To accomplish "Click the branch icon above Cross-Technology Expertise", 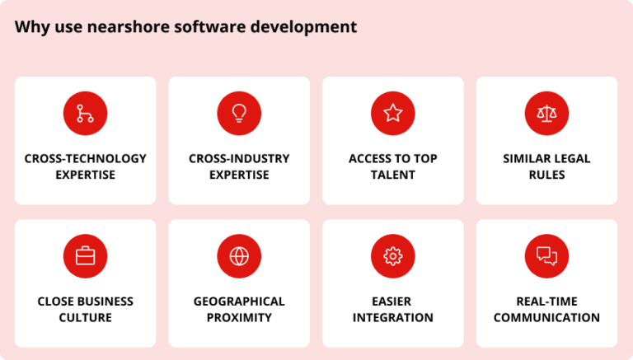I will click(85, 114).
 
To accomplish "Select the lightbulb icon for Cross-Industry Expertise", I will click(239, 114).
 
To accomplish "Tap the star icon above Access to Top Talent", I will click(393, 114).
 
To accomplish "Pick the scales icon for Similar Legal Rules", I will click(546, 114).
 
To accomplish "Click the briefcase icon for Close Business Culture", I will click(85, 256).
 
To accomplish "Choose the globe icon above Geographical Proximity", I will click(239, 256).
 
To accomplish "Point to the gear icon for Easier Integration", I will click(393, 256).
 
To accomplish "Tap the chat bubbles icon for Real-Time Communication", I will click(546, 256).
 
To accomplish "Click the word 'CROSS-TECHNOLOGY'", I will click(86, 158).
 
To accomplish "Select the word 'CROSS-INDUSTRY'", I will click(239, 158).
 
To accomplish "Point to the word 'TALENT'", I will click(393, 175).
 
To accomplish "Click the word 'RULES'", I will click(546, 175).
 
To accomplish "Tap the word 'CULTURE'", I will click(86, 317).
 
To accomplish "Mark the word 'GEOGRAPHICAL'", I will click(239, 301).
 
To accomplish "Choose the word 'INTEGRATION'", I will click(393, 317).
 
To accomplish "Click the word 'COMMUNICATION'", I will click(546, 317).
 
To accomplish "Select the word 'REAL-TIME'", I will click(546, 301).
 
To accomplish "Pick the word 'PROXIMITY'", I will click(239, 317).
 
